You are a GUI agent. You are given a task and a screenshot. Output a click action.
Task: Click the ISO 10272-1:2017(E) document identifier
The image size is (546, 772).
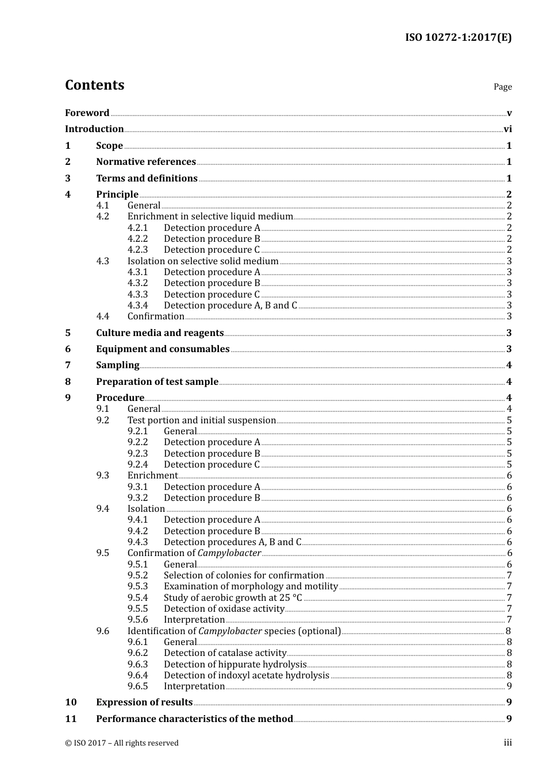coord(458,38)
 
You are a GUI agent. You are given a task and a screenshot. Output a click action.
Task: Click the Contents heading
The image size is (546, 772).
coord(94,85)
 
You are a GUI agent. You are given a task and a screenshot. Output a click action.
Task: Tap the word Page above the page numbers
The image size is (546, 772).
coord(502,87)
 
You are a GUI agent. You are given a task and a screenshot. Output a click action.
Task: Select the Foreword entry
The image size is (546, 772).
coord(87,113)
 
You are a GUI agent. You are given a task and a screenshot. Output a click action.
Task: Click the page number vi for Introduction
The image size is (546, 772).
coord(507,129)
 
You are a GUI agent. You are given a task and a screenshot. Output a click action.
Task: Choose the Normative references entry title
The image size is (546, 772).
coord(146,162)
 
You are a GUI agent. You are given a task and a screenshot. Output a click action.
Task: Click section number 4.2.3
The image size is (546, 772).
coord(137,250)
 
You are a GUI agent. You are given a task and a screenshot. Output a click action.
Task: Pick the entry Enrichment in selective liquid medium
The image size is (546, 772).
coord(210,217)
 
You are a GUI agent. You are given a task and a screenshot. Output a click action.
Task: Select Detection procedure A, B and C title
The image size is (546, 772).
coord(230,306)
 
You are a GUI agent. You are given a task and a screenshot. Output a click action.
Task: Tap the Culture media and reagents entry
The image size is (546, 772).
coord(160,333)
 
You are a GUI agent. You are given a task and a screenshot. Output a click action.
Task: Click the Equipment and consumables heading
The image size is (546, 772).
coord(163,349)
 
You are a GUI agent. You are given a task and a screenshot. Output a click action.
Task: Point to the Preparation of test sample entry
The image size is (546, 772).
coord(157,382)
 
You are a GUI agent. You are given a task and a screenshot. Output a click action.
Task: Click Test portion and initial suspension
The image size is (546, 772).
coord(202,420)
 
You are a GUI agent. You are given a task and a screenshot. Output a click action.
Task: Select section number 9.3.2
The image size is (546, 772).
coord(137,498)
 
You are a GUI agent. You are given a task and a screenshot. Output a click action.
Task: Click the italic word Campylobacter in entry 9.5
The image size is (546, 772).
coord(229,553)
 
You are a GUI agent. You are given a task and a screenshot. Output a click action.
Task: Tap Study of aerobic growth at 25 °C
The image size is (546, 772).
coord(233,598)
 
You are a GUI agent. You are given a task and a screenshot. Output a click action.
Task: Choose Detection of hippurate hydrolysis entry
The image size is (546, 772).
coord(235,665)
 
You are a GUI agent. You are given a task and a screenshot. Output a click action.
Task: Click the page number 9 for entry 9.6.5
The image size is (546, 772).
coord(509,686)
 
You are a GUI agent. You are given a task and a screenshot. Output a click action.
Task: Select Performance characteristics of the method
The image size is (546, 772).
coord(194,719)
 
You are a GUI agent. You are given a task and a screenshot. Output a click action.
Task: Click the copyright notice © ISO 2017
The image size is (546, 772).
coord(122,743)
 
